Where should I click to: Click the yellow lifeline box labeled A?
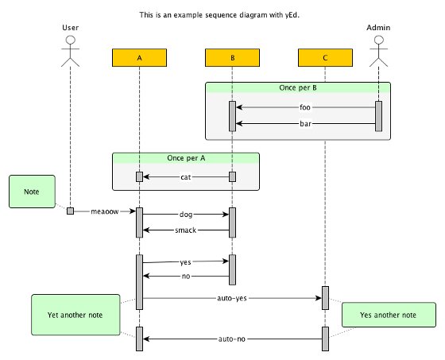tap(139, 58)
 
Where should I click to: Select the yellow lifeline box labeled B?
tap(232, 58)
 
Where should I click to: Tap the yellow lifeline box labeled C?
tap(325, 58)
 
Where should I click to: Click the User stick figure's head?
tap(71, 40)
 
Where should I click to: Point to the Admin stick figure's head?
tap(378, 40)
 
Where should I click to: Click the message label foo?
tap(305, 107)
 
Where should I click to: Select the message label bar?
tap(305, 124)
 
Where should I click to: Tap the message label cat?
tap(186, 177)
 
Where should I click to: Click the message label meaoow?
tap(104, 211)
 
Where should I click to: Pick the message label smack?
tap(186, 230)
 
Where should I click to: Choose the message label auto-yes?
tap(232, 298)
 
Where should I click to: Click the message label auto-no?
tap(232, 339)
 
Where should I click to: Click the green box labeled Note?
tap(32, 192)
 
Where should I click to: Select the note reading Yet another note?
tap(75, 315)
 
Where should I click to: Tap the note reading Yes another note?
tap(389, 315)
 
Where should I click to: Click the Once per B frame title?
tap(298, 87)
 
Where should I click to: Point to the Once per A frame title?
tap(186, 158)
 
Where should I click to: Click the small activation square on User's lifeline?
tap(71, 211)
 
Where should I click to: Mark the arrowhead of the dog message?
tap(226, 215)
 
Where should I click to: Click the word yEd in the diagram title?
tap(292, 15)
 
